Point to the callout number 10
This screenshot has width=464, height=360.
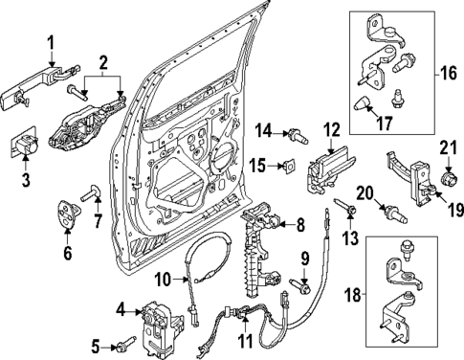pyautogui.click(x=164, y=280)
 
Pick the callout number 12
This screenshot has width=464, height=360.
pyautogui.click(x=331, y=129)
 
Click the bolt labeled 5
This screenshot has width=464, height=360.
pyautogui.click(x=127, y=343)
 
